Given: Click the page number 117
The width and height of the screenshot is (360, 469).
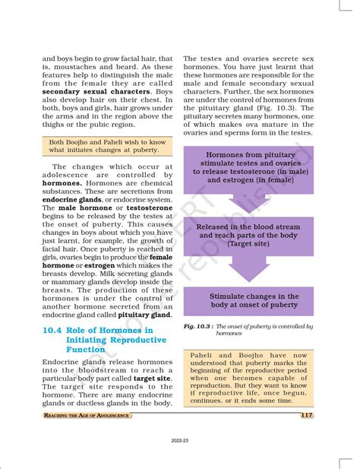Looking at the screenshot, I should tap(306, 415).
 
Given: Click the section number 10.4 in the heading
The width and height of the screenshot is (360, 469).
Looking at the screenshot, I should tap(55, 330).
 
